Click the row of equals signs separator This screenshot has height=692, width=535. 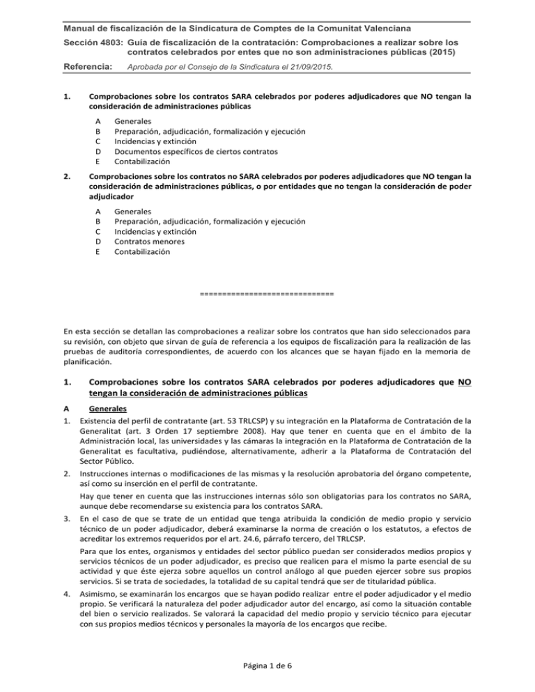267,294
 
